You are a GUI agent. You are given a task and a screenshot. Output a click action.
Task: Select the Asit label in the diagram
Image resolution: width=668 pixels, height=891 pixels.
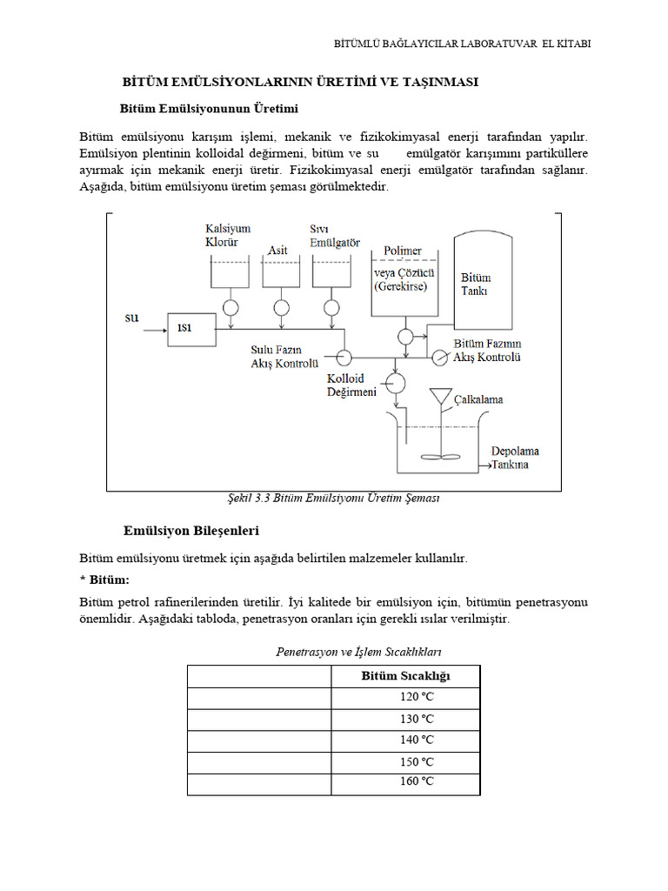coord(277,250)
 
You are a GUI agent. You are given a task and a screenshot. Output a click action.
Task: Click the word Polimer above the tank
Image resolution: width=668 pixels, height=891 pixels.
coord(403,251)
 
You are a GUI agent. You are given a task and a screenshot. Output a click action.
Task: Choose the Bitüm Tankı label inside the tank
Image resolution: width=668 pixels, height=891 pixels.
coord(476,285)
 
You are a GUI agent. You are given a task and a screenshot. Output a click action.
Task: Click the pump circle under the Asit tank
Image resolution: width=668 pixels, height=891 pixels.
coord(281,307)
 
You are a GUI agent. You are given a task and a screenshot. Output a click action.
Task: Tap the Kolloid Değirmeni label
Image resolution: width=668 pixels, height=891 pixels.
coord(351,386)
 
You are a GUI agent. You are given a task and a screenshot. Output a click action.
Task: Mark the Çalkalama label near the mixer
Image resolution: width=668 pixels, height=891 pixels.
coord(478,399)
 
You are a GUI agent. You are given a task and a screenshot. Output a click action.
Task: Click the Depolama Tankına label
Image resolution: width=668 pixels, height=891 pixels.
coord(515,458)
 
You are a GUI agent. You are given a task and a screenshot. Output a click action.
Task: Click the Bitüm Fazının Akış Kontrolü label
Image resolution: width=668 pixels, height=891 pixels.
coord(487,351)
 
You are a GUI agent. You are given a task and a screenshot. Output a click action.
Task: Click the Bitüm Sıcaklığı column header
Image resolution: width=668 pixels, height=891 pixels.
coord(405,676)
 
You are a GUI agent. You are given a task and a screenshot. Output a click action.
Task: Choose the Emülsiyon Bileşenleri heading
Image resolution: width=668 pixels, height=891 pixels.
coord(191,530)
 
